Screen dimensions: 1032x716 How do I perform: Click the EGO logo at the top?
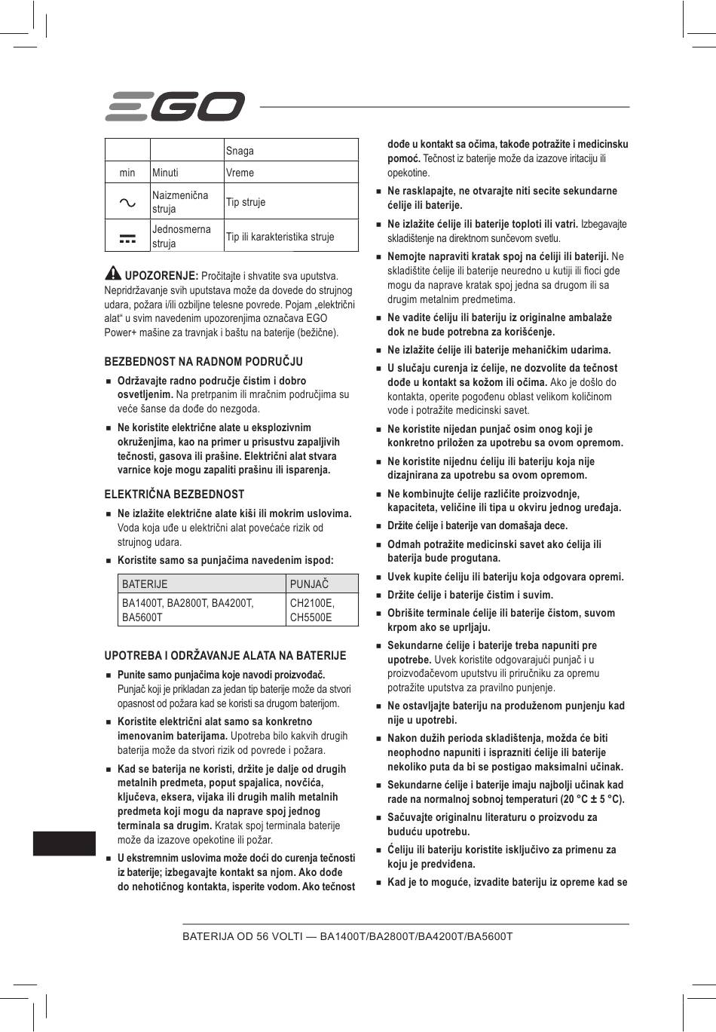coord(174,106)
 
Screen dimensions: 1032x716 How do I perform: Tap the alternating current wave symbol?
coord(127,202)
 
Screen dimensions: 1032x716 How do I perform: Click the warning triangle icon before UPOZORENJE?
coord(113,273)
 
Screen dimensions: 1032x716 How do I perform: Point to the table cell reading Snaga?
coord(240,151)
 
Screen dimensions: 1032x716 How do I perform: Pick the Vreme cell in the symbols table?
coord(240,173)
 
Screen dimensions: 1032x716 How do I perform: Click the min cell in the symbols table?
coord(127,173)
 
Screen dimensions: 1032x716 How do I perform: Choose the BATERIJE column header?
coord(145,583)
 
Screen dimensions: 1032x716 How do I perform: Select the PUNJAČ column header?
coord(310,583)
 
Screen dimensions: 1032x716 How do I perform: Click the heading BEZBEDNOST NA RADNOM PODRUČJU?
coord(203,362)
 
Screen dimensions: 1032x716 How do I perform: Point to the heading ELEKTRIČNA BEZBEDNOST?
coord(174,495)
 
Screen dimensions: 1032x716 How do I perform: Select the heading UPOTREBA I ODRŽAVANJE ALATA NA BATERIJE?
coord(225,656)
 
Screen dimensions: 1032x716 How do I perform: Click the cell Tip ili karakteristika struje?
coord(280,237)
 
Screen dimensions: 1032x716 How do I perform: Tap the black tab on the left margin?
coord(64,844)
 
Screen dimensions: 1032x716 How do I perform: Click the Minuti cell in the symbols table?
coord(166,173)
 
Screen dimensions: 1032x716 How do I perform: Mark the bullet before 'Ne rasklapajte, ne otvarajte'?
coord(380,191)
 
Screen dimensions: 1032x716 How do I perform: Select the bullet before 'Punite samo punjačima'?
coord(110,675)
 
